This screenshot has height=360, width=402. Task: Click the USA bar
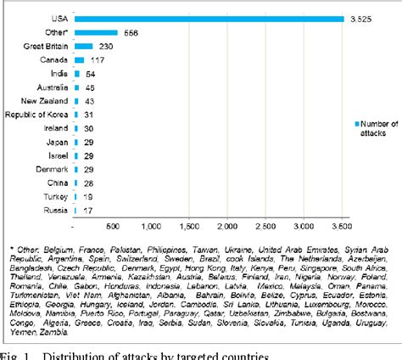[208, 19]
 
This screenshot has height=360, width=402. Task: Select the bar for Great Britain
[83, 46]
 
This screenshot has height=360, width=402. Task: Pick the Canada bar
[79, 59]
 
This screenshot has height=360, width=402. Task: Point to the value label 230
[107, 46]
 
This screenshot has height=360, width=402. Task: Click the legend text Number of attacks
[378, 128]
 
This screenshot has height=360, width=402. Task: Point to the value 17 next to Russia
[87, 209]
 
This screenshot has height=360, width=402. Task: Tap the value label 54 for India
[91, 74]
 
